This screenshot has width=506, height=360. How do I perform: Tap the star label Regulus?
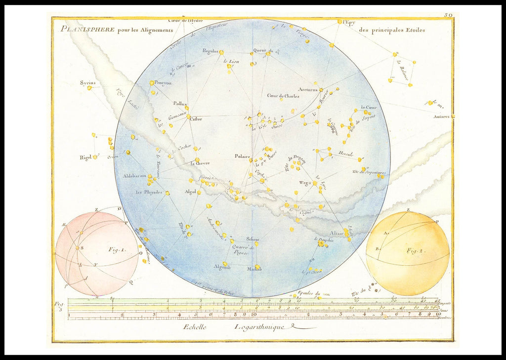point(210,50)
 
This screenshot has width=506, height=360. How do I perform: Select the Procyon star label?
point(163,83)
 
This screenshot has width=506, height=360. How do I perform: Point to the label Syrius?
point(87,82)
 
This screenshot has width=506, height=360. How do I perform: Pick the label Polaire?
point(243,156)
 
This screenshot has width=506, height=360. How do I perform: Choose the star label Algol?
point(190,192)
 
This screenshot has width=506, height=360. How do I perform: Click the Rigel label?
point(85,158)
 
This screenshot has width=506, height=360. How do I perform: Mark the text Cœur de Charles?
point(283,96)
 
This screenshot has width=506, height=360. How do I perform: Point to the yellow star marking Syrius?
point(89,88)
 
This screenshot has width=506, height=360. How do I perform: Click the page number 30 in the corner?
point(448,15)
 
